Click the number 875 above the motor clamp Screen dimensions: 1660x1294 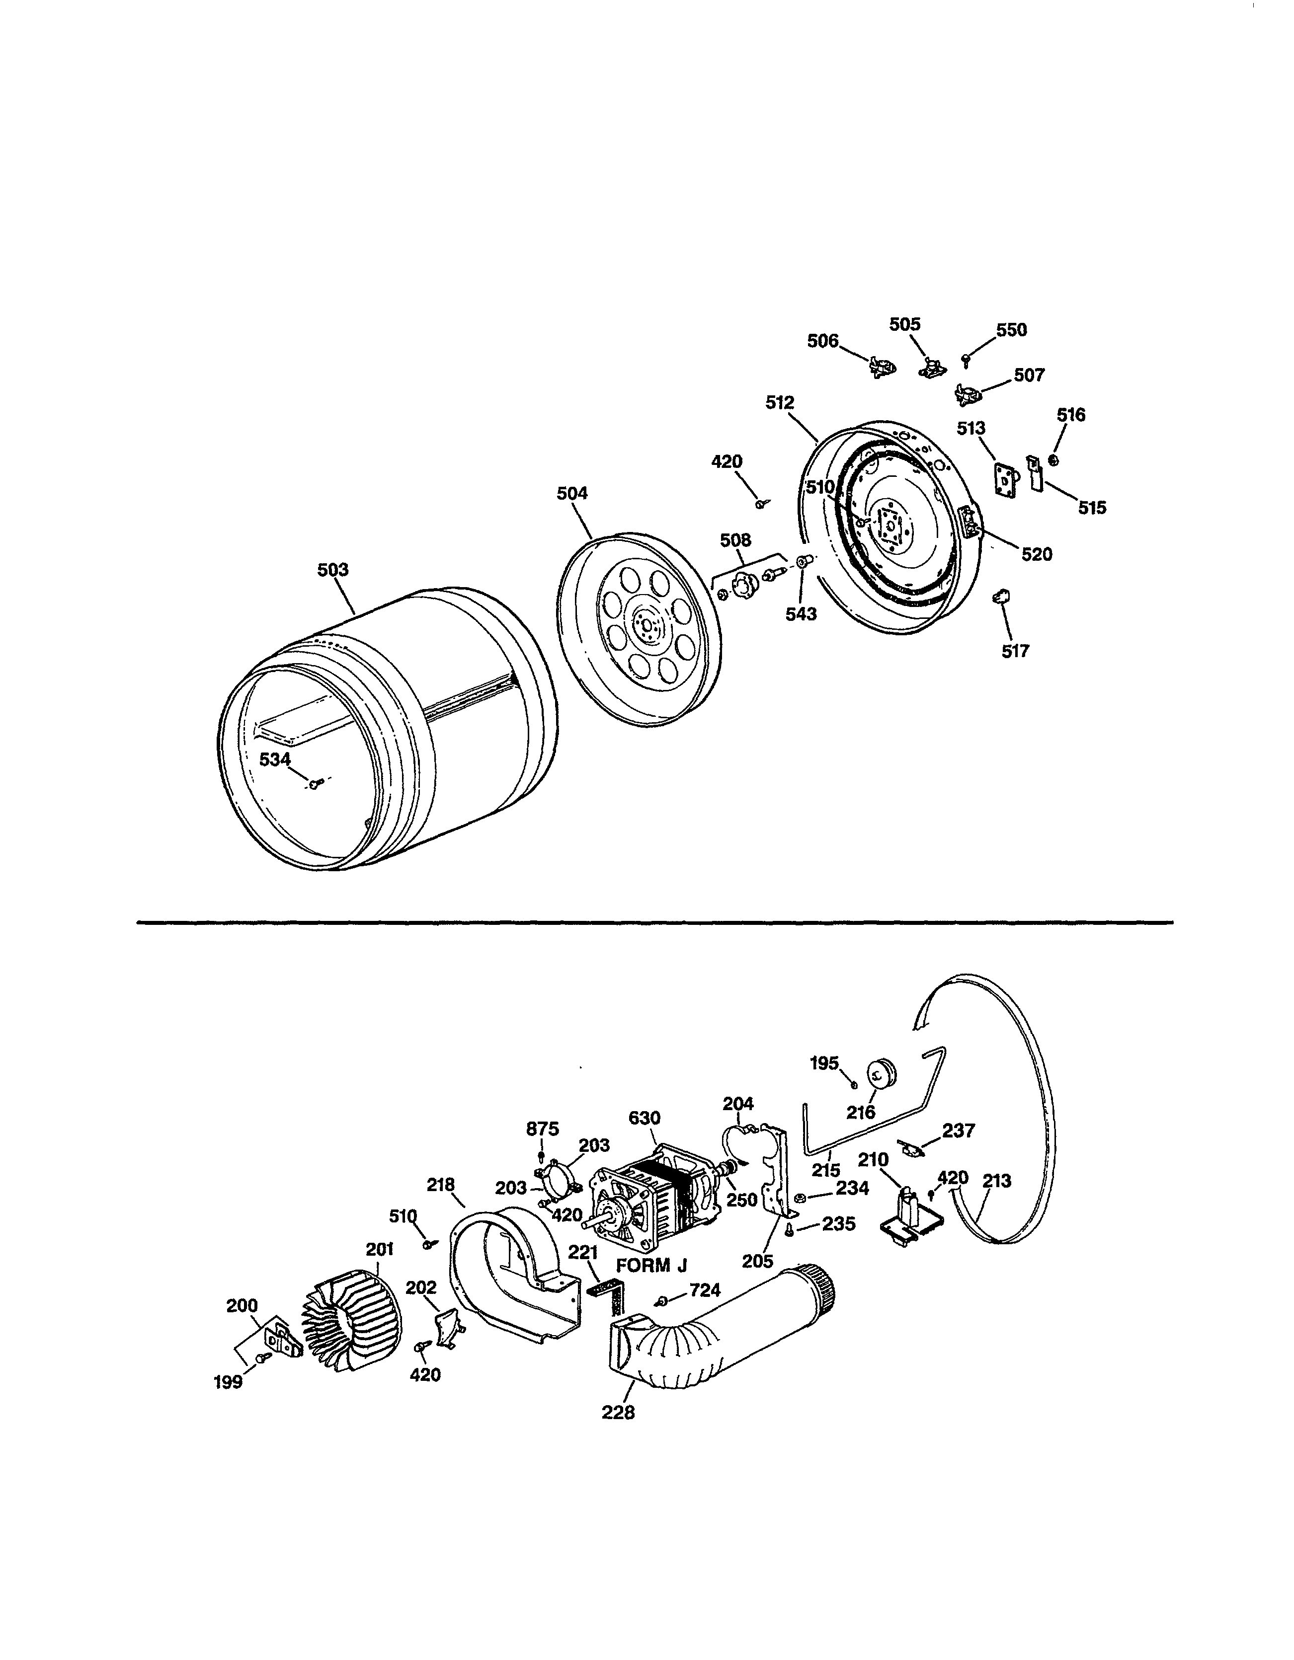point(542,1129)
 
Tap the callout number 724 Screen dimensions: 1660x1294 point(705,1290)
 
